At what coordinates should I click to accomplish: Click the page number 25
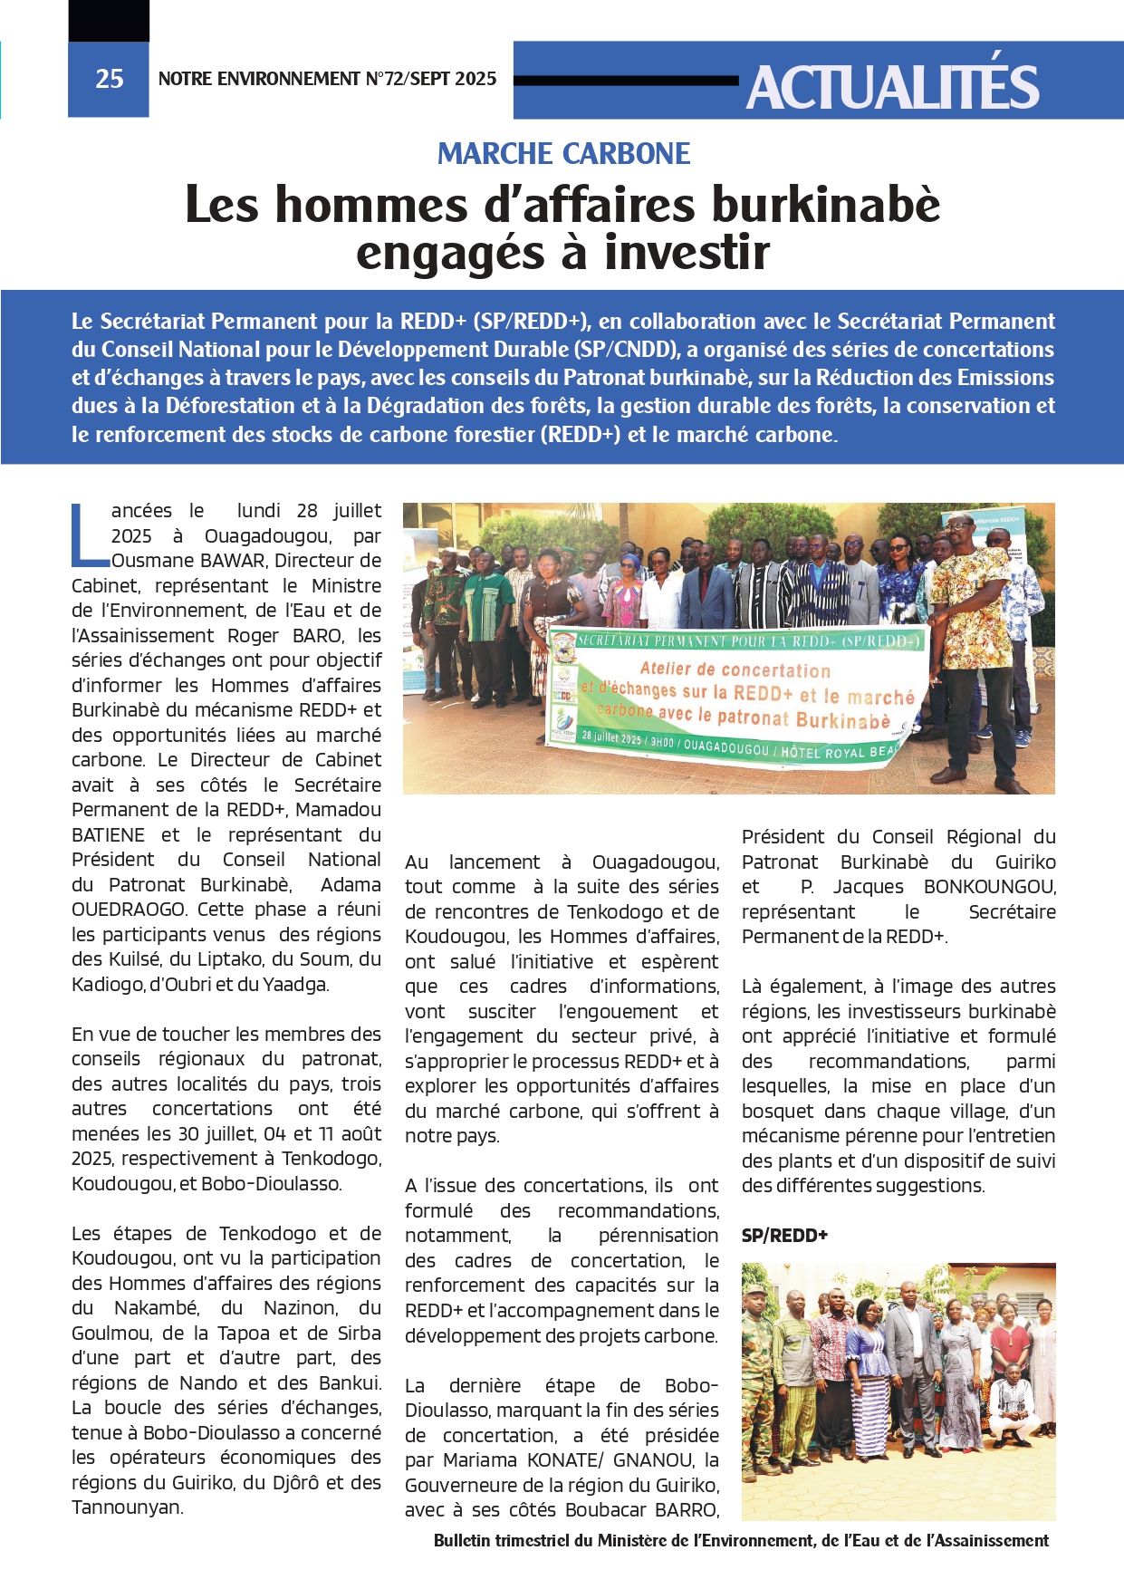pos(109,80)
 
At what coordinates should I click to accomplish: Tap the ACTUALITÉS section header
pos(892,87)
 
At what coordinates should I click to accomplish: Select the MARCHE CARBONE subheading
pos(563,154)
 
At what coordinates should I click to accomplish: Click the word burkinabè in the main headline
pos(826,205)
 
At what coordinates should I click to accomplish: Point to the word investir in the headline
pos(687,253)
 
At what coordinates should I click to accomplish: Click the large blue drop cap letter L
pos(88,535)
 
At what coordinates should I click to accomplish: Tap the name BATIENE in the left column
pos(108,835)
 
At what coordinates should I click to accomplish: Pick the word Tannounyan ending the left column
pos(127,1507)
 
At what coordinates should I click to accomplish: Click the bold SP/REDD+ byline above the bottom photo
pos(784,1236)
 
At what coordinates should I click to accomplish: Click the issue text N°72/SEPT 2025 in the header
pos(430,80)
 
